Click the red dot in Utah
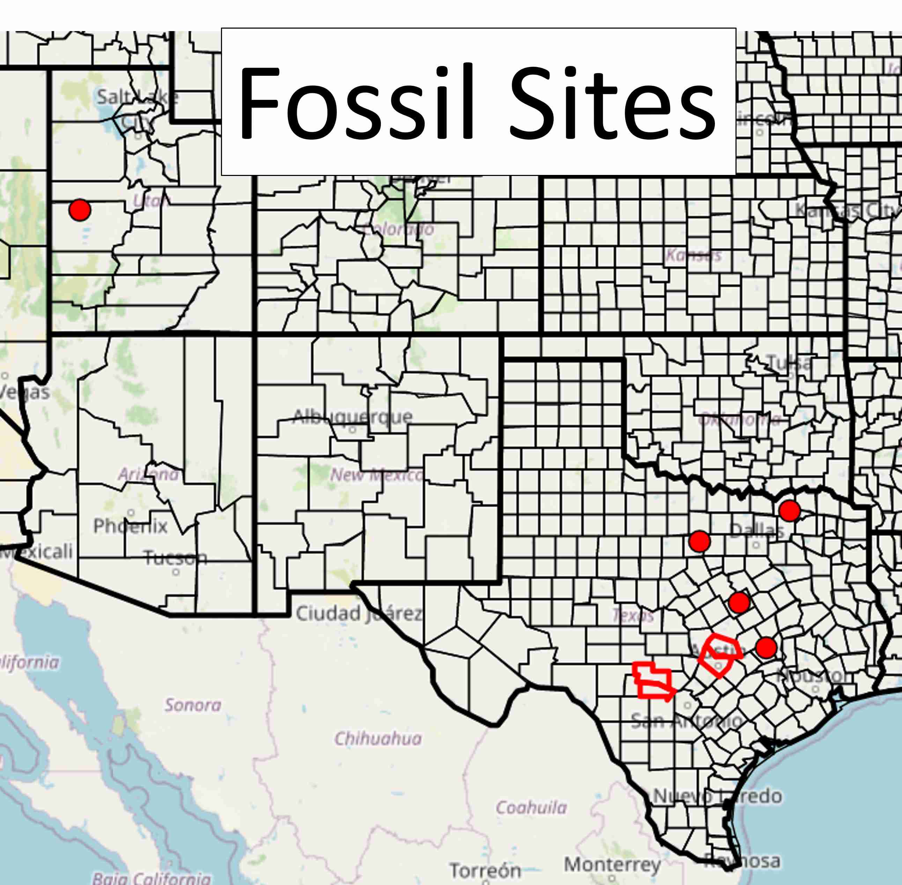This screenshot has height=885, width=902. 80,210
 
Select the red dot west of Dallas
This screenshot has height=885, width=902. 700,541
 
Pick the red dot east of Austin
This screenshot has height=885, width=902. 766,647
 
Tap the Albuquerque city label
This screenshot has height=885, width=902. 352,416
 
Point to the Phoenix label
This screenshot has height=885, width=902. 130,526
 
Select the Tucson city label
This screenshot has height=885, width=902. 175,557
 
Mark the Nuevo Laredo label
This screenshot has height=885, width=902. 717,796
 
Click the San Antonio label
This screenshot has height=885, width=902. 686,721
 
